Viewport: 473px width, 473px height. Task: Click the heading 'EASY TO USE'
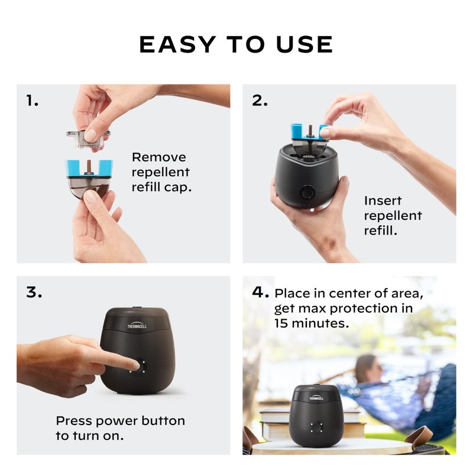pos(236,44)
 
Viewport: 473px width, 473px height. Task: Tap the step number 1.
pos(32,101)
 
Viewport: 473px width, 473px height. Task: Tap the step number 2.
pos(260,101)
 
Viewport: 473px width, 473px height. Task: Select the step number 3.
pos(34,292)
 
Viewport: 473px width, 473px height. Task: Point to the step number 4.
pos(260,292)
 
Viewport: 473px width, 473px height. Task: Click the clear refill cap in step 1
pos(88,138)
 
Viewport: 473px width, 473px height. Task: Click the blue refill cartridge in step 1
pos(89,169)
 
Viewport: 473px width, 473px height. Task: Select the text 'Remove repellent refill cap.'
pos(160,172)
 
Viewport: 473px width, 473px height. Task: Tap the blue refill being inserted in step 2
pos(309,132)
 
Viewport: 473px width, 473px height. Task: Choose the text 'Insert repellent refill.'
pos(393,215)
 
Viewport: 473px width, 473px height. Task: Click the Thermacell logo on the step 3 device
pos(137,325)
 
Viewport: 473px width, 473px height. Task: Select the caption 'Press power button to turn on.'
pos(120,428)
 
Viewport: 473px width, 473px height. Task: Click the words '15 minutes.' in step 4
pos(312,323)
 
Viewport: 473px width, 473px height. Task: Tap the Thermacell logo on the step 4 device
pos(316,398)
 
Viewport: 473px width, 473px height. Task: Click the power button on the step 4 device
pos(316,428)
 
